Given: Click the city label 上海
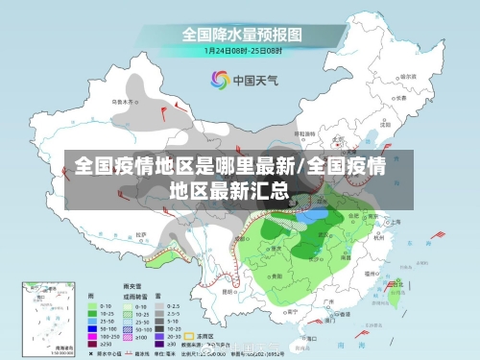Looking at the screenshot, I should (x=396, y=222).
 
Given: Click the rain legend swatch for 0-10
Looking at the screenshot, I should (x=93, y=305).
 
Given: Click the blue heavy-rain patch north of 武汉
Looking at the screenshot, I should (x=313, y=216).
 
